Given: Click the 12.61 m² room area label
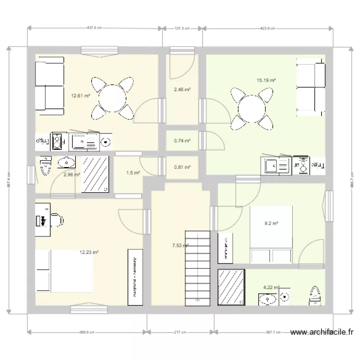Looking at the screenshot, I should pos(81,96).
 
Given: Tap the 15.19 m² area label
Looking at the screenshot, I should pos(265,81).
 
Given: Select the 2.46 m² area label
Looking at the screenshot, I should pos(182,90).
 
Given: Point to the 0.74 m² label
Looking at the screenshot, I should pos(182,141).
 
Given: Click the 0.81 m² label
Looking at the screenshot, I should pos(182,168).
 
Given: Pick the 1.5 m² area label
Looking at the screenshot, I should pos(133,173).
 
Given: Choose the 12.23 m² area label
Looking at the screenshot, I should pos(89,252).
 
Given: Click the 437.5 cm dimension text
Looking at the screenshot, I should pos(95,28).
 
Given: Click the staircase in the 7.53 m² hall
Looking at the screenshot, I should pos(198,266).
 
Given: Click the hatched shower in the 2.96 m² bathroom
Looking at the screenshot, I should pos(96,174).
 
